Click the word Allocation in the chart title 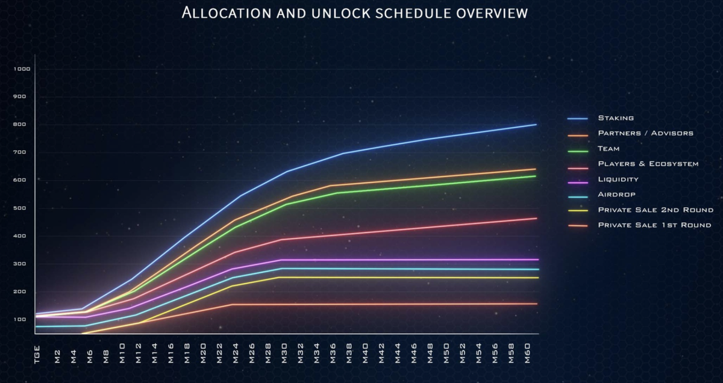click(x=220, y=13)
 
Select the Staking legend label click(x=615, y=118)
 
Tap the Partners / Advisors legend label click(x=645, y=133)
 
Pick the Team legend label click(x=609, y=149)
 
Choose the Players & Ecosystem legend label click(x=648, y=164)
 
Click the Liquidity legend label click(x=618, y=179)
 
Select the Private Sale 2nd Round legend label click(x=655, y=210)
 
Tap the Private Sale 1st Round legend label click(x=654, y=225)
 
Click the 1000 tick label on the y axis click(x=22, y=69)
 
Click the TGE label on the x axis click(x=38, y=357)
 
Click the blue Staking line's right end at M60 click(x=535, y=125)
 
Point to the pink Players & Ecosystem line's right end click(x=535, y=219)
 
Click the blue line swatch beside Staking click(x=577, y=119)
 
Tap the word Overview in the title click(x=486, y=13)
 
